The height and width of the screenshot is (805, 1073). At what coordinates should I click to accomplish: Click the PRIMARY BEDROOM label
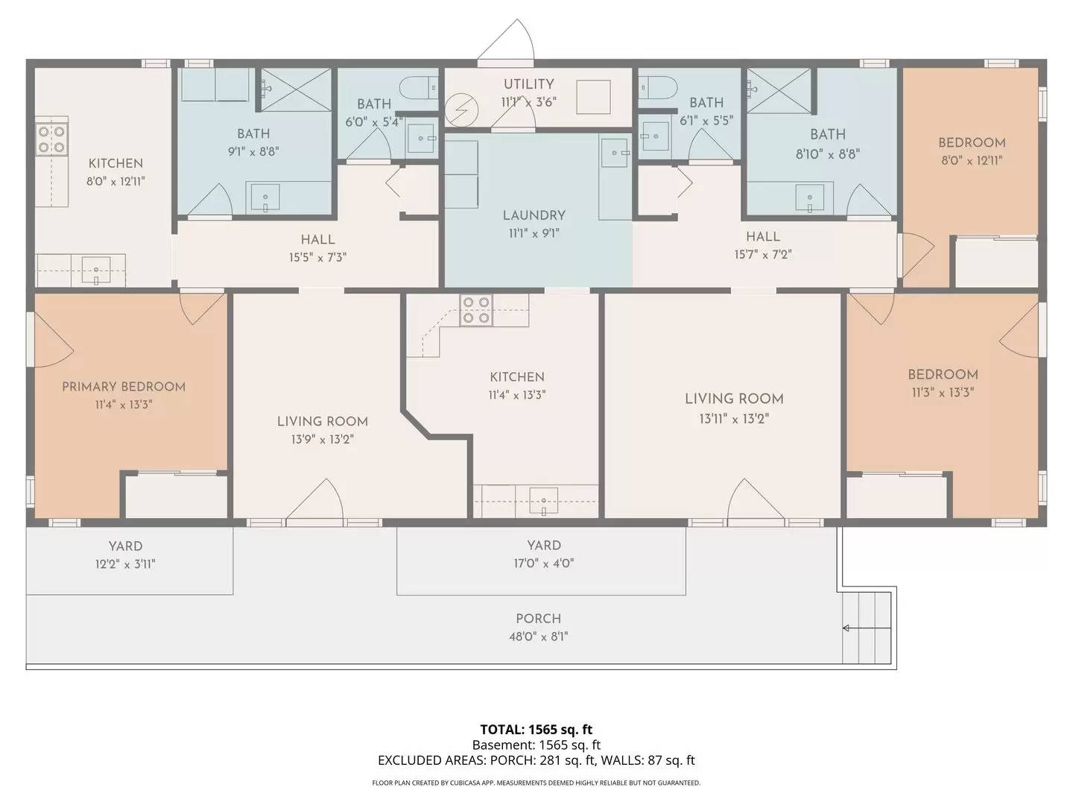(124, 386)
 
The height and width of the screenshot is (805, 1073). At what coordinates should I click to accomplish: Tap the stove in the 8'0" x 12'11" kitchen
(51, 139)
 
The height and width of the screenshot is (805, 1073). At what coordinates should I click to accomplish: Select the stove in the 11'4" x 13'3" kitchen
(476, 309)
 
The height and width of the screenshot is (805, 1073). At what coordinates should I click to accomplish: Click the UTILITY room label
(528, 84)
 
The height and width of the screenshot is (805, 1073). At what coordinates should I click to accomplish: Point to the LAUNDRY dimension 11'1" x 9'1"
(534, 233)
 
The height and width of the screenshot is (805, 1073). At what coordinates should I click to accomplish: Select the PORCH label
(538, 619)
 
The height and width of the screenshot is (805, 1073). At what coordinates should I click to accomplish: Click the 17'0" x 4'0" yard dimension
(543, 563)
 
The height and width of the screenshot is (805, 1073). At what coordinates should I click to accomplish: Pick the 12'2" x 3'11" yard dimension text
(124, 564)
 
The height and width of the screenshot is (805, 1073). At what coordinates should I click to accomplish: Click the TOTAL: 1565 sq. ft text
(536, 729)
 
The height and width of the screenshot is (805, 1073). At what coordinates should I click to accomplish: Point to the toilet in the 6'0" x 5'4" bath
(419, 88)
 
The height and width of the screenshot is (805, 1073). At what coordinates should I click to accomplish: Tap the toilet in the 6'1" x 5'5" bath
(657, 88)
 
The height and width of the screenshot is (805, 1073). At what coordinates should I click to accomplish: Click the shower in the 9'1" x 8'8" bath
(294, 89)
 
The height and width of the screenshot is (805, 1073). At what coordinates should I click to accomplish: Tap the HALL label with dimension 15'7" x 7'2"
(763, 236)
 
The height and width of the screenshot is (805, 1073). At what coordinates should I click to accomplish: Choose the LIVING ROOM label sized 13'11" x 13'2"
(734, 399)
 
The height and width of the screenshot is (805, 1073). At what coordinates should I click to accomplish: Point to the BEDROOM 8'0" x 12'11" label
(972, 142)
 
